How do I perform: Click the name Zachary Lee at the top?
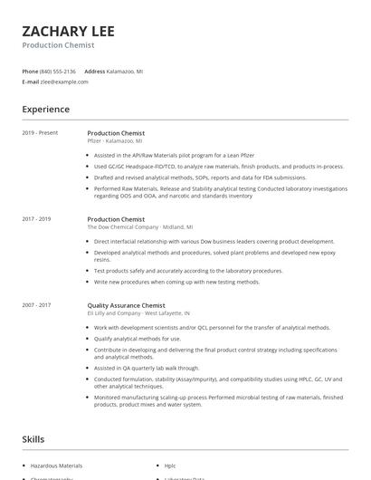coord(69,30)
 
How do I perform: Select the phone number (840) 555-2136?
coord(58,71)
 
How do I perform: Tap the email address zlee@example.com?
coord(64,82)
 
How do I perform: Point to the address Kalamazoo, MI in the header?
coord(125,71)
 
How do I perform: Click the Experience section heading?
coord(46,110)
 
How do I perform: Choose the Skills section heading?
coord(33,439)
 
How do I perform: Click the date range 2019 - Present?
coord(40,133)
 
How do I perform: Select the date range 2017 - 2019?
coord(36,219)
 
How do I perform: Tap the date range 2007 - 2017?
coord(36,305)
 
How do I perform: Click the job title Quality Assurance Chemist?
coord(126,305)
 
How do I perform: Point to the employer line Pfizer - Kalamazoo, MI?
coord(114,141)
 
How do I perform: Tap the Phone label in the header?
coord(30,71)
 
